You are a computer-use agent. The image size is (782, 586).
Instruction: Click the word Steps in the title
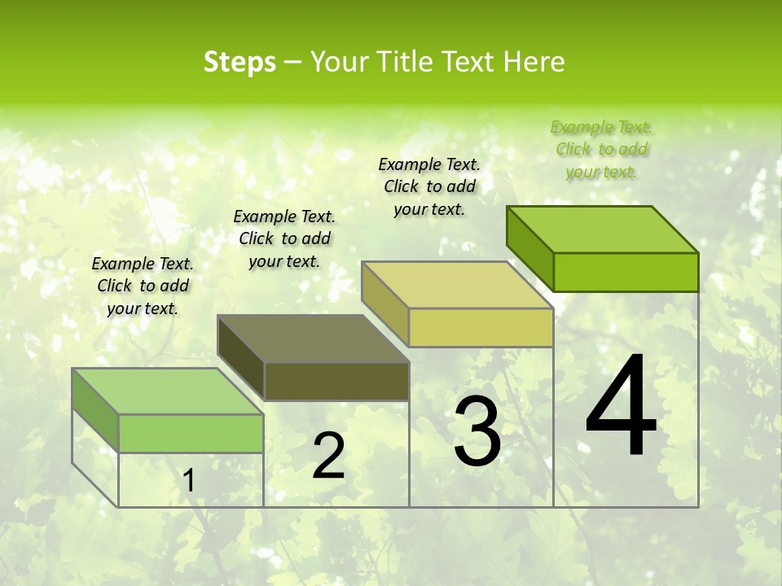tap(239, 62)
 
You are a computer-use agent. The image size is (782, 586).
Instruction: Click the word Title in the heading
tap(410, 62)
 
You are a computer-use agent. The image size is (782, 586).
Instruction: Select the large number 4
tap(621, 407)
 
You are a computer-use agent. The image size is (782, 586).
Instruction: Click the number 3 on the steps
tap(477, 432)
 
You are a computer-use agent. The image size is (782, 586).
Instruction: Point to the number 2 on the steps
tap(328, 456)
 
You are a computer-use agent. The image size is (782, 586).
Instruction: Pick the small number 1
tap(188, 481)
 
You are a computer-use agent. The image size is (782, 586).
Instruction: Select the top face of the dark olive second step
tap(314, 339)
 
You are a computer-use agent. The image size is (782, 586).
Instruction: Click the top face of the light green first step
tap(168, 391)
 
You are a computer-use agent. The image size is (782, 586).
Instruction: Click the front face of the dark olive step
tap(336, 382)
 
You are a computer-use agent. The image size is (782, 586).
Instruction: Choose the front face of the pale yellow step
tap(481, 328)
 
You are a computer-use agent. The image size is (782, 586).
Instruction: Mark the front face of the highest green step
tap(626, 272)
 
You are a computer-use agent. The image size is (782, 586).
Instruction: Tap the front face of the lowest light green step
tap(191, 433)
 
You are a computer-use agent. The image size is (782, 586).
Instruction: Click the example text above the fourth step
tap(602, 150)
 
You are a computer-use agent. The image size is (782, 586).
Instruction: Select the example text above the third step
tap(429, 187)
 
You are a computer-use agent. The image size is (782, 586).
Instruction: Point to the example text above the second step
tap(284, 239)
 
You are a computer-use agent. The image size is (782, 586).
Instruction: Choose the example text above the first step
tap(143, 286)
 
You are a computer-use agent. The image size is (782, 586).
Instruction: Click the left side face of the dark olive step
tap(241, 358)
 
